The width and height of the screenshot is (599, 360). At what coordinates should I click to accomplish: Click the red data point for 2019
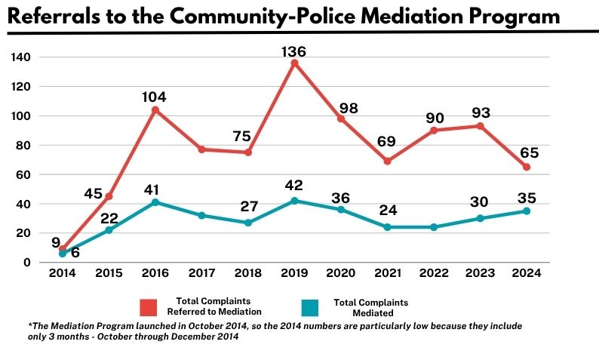(294, 63)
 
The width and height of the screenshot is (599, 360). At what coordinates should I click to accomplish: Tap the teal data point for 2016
(155, 202)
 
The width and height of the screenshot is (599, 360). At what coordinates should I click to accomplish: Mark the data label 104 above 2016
(154, 97)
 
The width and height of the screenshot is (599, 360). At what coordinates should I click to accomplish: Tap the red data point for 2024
(525, 167)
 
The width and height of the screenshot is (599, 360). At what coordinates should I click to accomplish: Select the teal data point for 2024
(525, 211)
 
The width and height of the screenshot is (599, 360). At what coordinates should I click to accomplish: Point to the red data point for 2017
(201, 149)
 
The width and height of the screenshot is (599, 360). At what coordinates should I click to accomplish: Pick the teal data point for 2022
(433, 227)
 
